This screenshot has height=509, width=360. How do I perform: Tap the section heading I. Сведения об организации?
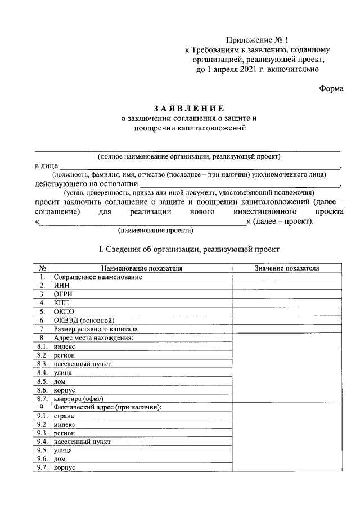189,249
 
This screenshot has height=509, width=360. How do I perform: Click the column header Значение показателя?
286,269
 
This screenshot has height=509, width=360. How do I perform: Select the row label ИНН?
61,286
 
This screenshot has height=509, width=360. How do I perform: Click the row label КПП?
61,303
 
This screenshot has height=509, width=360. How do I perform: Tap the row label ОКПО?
64,312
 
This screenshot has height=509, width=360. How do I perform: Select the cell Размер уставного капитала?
96,329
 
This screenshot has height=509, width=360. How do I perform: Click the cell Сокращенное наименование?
97,277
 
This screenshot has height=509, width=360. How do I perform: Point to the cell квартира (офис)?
79,398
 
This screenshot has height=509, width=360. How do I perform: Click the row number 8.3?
42,364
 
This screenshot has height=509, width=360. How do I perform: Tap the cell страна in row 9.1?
64,416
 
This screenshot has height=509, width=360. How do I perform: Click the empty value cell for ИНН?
286,286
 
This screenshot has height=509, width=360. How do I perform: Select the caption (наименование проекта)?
155,231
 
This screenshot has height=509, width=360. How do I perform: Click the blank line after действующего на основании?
239,183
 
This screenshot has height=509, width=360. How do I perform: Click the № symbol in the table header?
42,269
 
